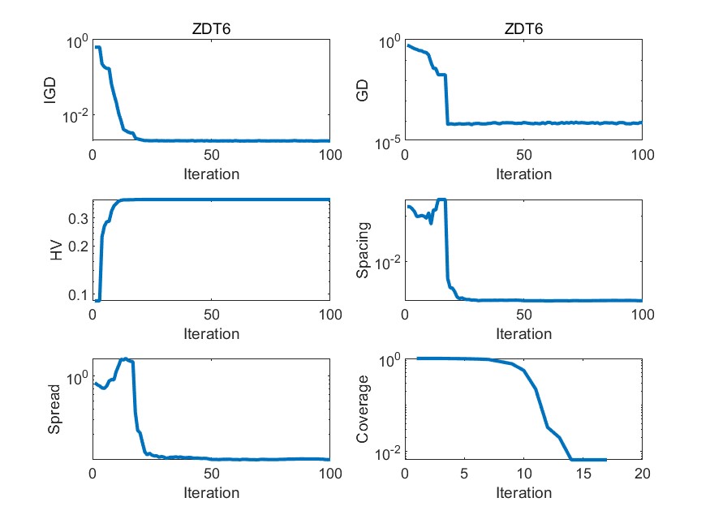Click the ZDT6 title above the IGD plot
pyautogui.click(x=211, y=29)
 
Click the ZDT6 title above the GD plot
pyautogui.click(x=523, y=29)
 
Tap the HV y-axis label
pyautogui.click(x=56, y=251)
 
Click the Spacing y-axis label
pyautogui.click(x=364, y=251)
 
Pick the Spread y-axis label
pyautogui.click(x=54, y=410)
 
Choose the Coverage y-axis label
pyautogui.click(x=364, y=410)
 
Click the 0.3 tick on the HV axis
pyautogui.click(x=79, y=219)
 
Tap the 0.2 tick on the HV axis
pyautogui.click(x=79, y=247)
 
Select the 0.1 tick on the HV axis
pyautogui.click(x=79, y=294)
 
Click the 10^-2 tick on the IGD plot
pyautogui.click(x=75, y=118)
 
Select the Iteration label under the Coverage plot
pyautogui.click(x=523, y=492)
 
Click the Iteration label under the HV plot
pyautogui.click(x=211, y=333)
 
